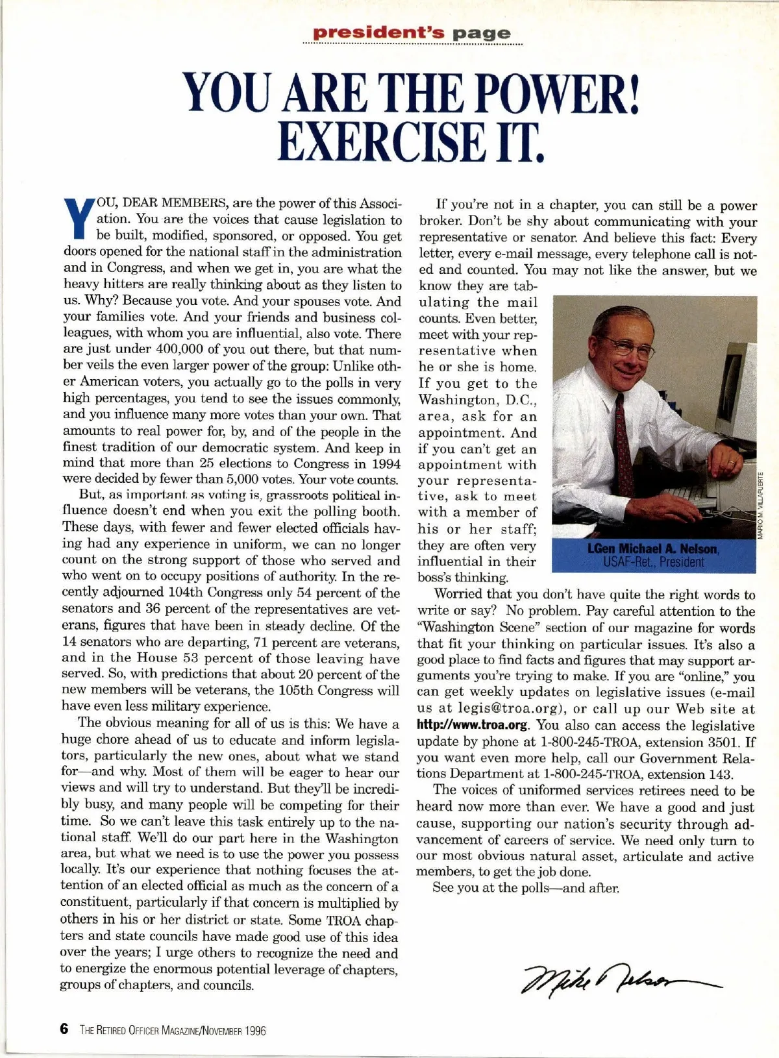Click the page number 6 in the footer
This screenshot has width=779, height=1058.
64,1029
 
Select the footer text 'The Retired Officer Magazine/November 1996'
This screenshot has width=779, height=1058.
173,1030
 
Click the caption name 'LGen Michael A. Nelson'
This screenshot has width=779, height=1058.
653,549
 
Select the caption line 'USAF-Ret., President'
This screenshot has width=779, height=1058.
653,562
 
